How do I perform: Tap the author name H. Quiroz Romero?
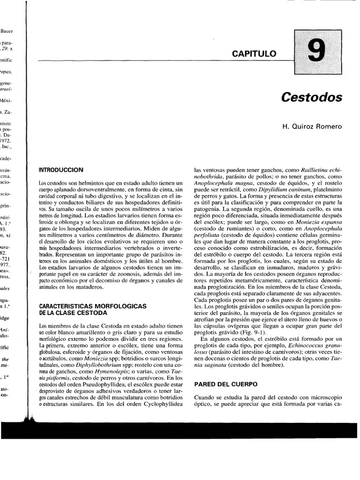(x=315, y=126)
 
